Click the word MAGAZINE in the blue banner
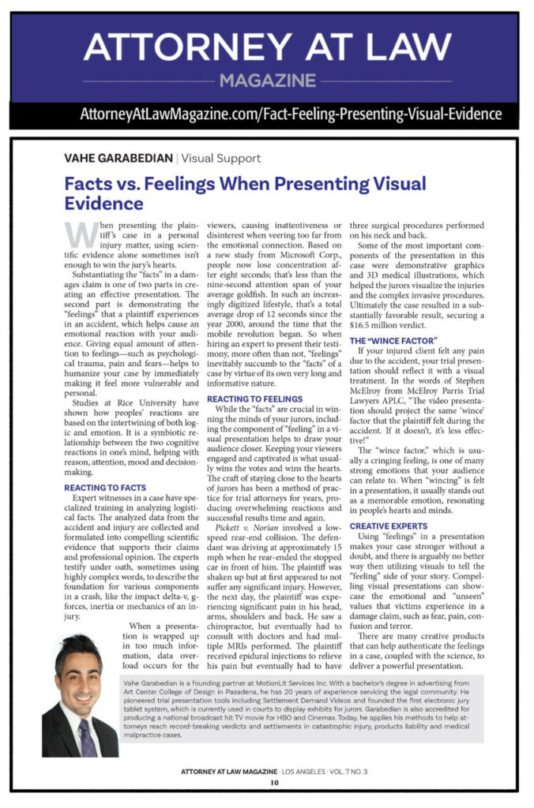click(266, 80)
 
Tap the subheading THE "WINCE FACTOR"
click(393, 340)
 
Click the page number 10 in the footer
click(274, 783)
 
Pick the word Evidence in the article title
click(104, 204)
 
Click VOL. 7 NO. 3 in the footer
click(347, 771)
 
